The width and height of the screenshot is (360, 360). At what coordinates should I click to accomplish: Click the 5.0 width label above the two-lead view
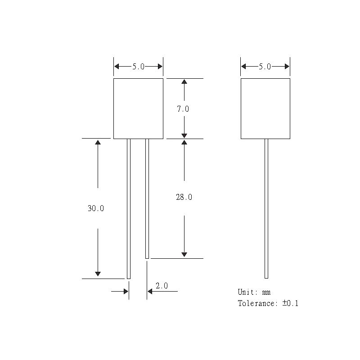[x=138, y=67]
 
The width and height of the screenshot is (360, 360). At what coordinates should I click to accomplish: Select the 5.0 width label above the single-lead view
[x=265, y=67]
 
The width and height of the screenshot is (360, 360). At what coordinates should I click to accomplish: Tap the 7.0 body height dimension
[x=184, y=109]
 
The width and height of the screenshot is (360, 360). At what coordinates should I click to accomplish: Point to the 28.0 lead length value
[x=184, y=197]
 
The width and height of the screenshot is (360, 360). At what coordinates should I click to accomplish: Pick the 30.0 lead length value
[x=96, y=208]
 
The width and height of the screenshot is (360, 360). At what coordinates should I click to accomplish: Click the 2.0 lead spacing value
[x=162, y=286]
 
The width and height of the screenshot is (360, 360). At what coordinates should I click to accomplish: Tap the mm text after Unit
[x=266, y=293]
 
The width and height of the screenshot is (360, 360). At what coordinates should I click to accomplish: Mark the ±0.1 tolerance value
[x=290, y=303]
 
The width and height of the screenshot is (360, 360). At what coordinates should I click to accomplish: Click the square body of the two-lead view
[x=138, y=108]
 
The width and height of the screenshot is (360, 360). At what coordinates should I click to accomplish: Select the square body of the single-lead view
[x=265, y=108]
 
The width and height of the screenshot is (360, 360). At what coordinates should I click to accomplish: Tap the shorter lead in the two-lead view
[x=147, y=198]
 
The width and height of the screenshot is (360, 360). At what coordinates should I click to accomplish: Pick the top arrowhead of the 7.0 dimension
[x=184, y=81]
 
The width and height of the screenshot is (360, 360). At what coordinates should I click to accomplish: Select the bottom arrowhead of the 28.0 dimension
[x=184, y=255]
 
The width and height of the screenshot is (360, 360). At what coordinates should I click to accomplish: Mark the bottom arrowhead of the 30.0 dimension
[x=98, y=274]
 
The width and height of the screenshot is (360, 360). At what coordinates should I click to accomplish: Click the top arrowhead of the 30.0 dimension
[x=98, y=142]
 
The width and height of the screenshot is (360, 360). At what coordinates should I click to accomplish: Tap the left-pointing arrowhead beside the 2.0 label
[x=150, y=292]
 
